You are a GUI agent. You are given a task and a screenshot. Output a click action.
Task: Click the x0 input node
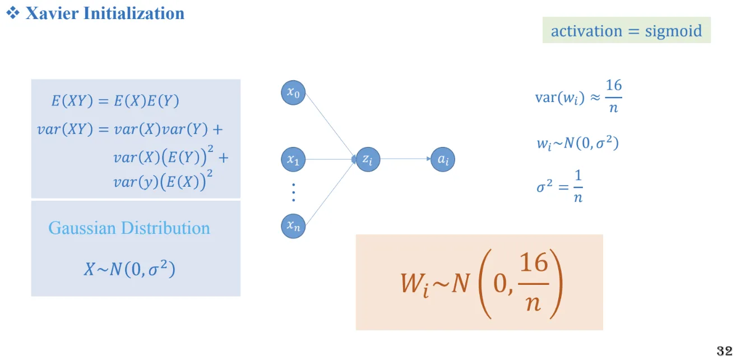pos(293,93)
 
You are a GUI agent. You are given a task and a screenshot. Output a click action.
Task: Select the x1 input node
pos(293,159)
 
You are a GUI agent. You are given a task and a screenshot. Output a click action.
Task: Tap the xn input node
pos(293,226)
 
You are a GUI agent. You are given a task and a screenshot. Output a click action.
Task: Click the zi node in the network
pos(368,159)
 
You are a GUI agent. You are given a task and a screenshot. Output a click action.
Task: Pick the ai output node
pos(443,159)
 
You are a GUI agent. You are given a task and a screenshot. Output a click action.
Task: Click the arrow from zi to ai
pos(405,159)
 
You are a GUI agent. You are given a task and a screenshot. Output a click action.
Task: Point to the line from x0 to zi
pos(331,126)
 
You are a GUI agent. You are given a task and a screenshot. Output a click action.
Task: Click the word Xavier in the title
pos(52,13)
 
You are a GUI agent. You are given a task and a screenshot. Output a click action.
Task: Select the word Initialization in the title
pos(134,13)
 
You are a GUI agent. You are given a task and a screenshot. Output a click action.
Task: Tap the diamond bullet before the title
pos(13,13)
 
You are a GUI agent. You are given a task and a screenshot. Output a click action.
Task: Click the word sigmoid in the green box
pos(673,31)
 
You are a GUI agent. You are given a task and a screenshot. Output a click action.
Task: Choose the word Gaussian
pos(82,228)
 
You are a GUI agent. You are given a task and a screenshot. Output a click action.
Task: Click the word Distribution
pos(165,228)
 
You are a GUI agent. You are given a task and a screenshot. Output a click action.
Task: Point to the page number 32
pos(724,351)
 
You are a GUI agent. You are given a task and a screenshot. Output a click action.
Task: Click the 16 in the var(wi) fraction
pos(613,85)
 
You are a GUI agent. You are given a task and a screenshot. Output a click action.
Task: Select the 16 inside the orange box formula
pos(534,263)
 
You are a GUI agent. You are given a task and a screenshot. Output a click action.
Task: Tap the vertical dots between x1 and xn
pos(293,193)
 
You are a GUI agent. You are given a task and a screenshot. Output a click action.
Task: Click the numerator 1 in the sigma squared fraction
pos(578,176)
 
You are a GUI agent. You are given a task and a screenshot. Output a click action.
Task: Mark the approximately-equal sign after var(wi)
pos(595,98)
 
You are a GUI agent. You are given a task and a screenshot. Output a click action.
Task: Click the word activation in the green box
pos(586,31)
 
